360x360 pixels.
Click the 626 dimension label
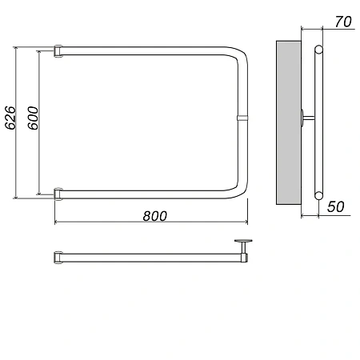point(10,118)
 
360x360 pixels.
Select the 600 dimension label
point(33,118)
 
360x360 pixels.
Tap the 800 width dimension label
point(155,216)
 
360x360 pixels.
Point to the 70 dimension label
point(343,22)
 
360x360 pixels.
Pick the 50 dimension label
point(336,206)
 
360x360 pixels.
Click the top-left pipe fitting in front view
point(58,51)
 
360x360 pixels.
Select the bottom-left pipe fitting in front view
point(58,194)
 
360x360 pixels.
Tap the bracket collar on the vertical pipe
point(242,118)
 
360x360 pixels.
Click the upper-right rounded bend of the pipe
point(238,54)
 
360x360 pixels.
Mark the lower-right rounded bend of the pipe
point(238,190)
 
